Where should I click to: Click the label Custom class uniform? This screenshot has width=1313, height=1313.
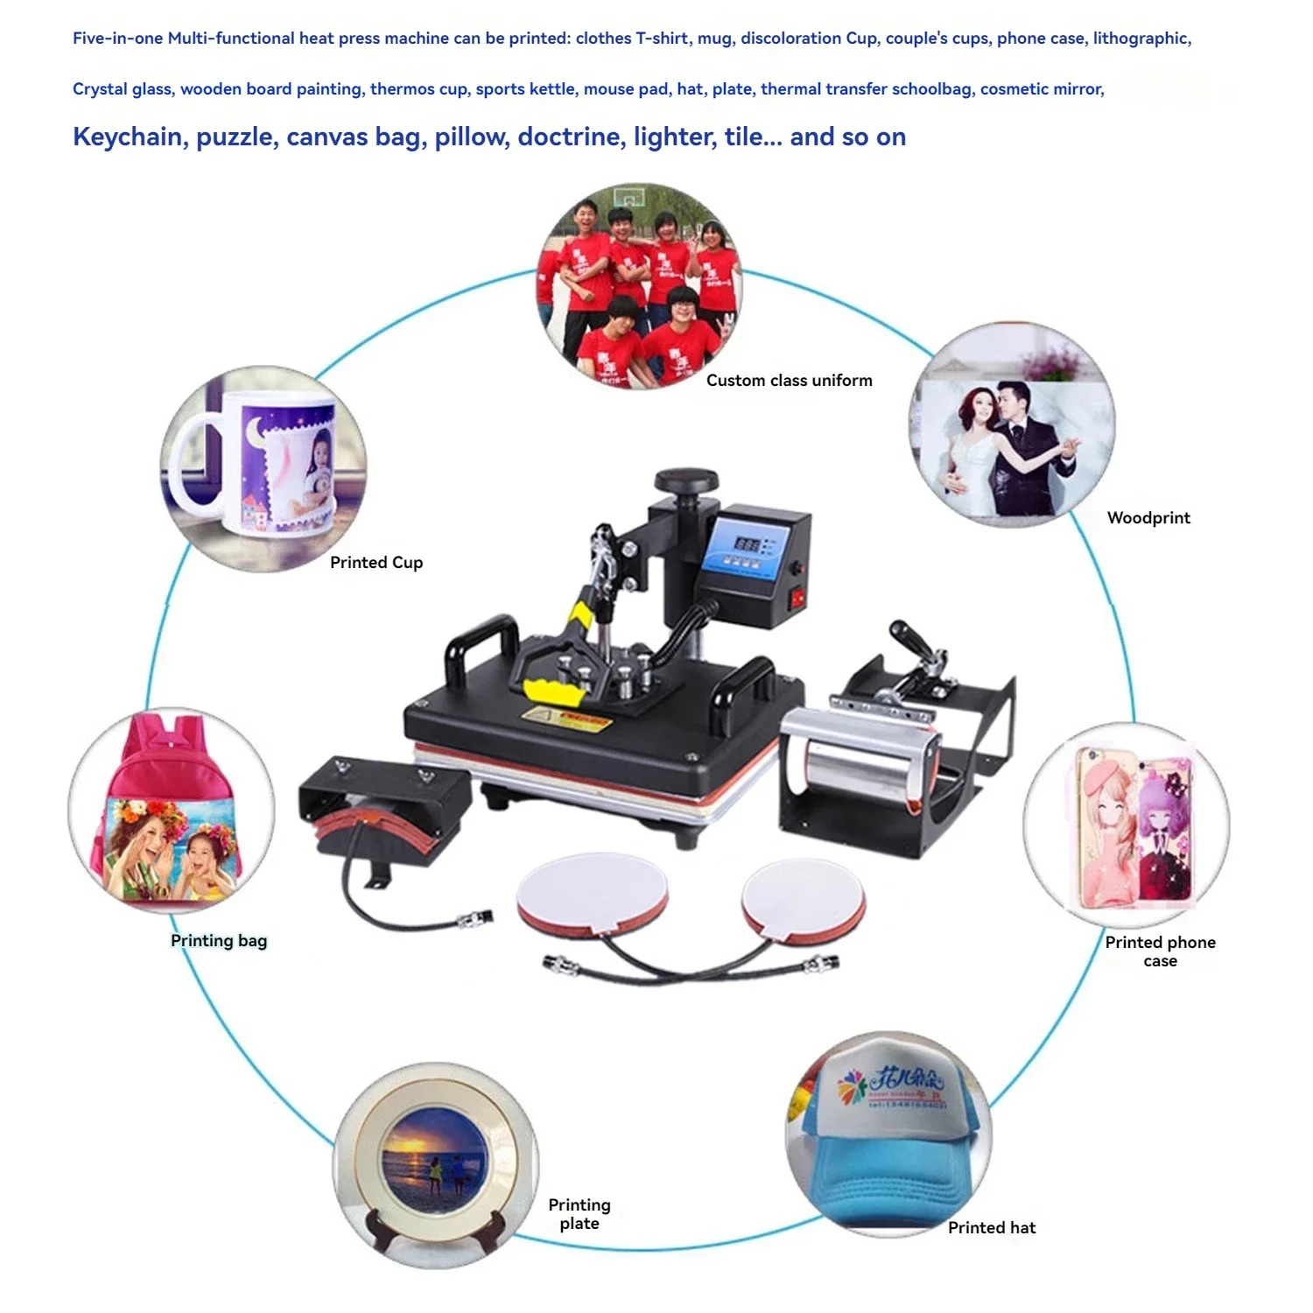click(789, 380)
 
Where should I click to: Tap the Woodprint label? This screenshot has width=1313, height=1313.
click(1148, 517)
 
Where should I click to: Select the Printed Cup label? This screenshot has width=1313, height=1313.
click(376, 562)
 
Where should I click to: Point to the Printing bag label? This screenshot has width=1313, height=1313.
click(219, 940)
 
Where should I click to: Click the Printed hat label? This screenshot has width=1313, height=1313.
click(992, 1227)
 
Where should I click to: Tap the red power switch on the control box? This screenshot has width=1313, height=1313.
click(797, 599)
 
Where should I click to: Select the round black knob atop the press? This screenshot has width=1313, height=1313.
click(686, 481)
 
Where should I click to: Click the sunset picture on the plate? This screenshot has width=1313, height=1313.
click(435, 1157)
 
